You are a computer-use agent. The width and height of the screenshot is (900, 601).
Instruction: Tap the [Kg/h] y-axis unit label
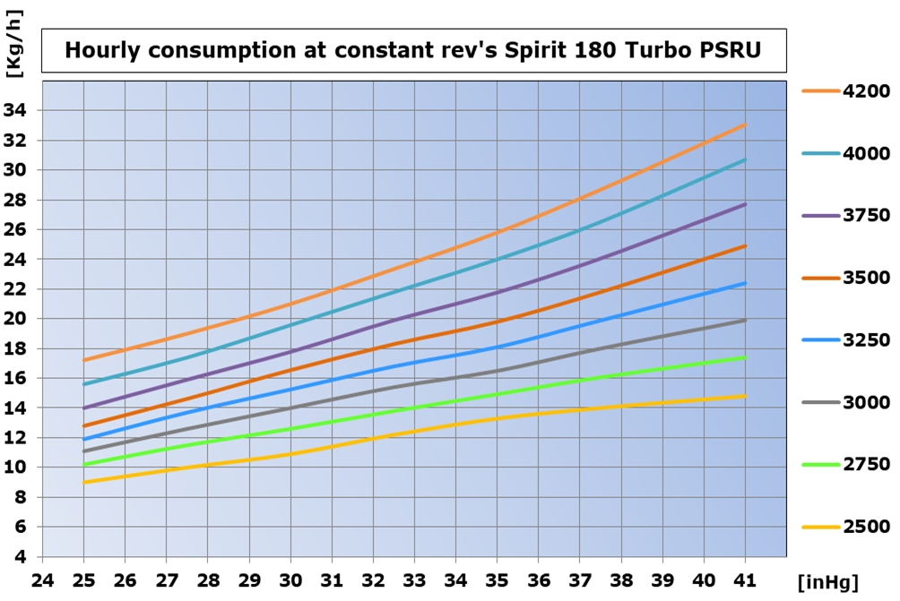click(13, 53)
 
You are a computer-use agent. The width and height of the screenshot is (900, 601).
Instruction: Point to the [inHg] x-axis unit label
click(827, 583)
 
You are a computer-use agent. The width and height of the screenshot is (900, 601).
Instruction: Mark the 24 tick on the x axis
click(41, 580)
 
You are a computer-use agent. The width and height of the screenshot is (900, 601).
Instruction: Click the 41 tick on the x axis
click(745, 580)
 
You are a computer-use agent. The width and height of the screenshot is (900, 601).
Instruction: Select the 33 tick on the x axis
click(414, 580)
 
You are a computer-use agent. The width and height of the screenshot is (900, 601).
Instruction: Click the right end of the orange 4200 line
click(745, 124)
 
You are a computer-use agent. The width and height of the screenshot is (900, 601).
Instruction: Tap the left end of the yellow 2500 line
click(83, 482)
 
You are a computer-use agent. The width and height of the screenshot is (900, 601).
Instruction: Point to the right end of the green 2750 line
click(745, 357)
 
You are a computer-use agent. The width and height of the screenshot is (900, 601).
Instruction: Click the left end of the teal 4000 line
click(83, 384)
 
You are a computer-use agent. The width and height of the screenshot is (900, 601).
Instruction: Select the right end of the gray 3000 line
click(745, 320)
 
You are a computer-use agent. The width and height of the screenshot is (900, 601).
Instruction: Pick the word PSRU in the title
click(734, 51)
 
